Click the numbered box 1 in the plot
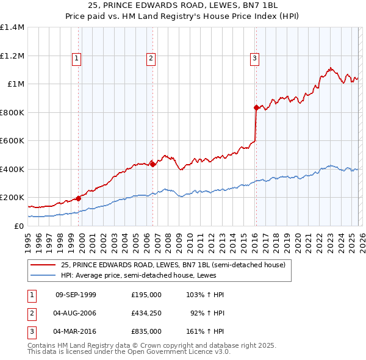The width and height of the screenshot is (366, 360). pos(77,59)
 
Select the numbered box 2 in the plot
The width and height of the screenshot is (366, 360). pos(150,59)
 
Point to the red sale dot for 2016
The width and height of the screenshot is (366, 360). pos(256,107)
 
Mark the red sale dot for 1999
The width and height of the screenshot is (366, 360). pos(78,198)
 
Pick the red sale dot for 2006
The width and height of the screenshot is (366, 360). pos(152,164)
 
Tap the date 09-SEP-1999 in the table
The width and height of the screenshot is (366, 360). pos(76,295)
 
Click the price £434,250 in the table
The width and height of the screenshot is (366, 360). pos(146,313)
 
